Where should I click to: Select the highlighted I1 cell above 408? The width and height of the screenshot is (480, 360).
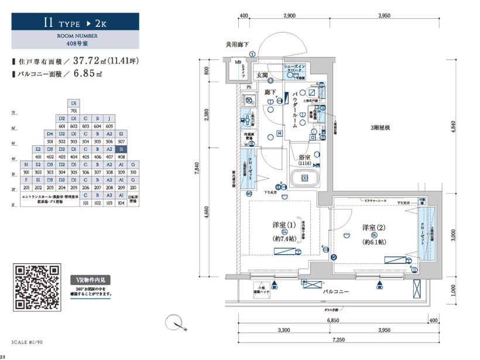[x=121, y=149]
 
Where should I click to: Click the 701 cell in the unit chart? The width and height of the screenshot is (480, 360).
[x=74, y=110]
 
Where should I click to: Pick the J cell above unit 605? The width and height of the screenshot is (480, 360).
[x=109, y=118]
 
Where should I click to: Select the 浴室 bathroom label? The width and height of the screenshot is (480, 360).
[x=304, y=158]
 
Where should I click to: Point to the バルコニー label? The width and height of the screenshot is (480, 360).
[x=336, y=291]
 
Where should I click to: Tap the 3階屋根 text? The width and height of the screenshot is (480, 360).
[x=380, y=128]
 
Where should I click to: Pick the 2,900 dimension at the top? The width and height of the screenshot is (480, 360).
[x=288, y=16]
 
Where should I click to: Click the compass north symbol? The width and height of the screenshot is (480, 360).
[x=174, y=322]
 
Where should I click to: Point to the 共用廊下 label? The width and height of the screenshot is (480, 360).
[x=238, y=44]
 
